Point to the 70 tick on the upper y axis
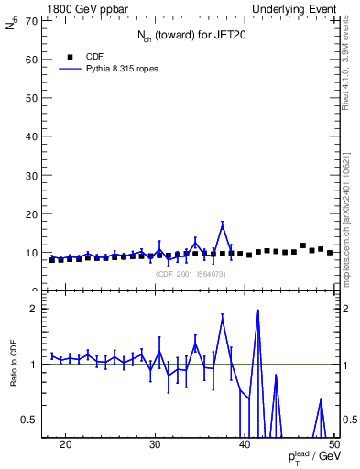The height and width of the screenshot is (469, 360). [x=33, y=20]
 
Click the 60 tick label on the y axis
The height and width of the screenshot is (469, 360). [x=33, y=59]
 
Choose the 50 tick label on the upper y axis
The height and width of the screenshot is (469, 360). [x=33, y=98]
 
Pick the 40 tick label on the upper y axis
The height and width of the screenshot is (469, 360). [x=33, y=136]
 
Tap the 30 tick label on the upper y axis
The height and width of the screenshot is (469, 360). [x=33, y=175]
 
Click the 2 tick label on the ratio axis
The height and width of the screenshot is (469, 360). [x=36, y=309]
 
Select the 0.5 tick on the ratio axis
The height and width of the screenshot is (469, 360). [x=32, y=420]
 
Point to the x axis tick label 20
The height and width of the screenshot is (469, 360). [x=65, y=445]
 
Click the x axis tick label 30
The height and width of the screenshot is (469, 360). [x=155, y=445]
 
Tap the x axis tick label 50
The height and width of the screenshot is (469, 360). [x=333, y=445]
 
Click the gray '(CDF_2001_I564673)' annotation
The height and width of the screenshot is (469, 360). [x=191, y=274]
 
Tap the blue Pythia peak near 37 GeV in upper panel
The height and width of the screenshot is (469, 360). [x=223, y=226]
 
